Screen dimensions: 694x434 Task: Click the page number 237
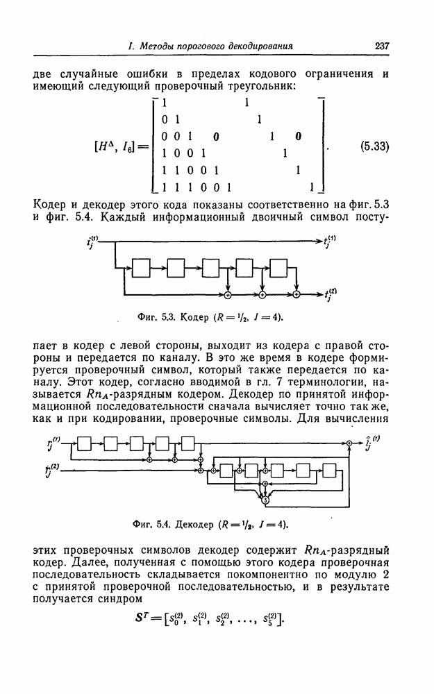(x=381, y=46)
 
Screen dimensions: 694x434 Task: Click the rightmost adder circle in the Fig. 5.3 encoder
(x=296, y=295)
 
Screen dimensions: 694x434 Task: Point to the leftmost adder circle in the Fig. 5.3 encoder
(x=228, y=295)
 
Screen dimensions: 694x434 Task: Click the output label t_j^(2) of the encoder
(x=331, y=294)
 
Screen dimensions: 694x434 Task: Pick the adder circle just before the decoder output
(x=349, y=442)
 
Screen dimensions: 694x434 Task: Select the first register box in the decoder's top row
(x=85, y=443)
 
